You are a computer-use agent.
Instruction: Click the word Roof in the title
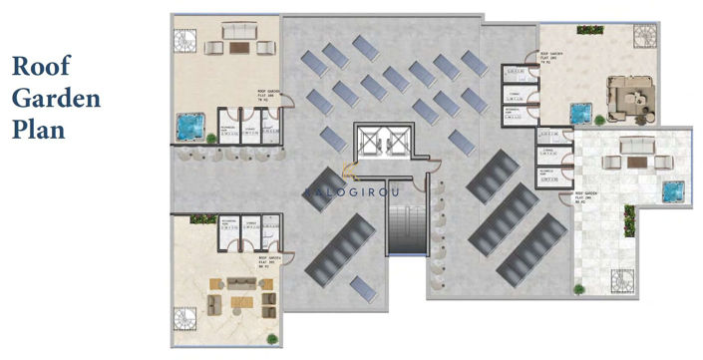pos(43,69)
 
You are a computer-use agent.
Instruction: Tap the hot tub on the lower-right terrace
pos(673,188)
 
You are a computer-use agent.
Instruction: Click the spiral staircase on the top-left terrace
pos(185,42)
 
